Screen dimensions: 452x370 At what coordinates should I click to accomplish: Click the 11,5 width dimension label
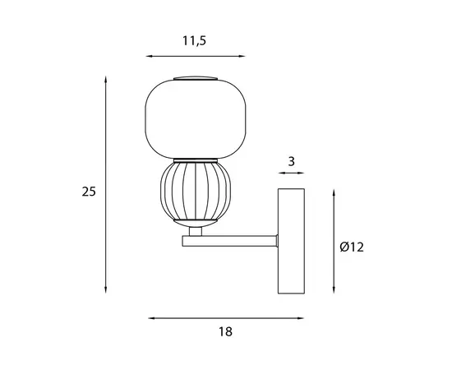(194, 41)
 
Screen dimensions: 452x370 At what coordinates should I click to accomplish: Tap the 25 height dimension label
(89, 192)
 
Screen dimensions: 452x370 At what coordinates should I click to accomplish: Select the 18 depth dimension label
(225, 331)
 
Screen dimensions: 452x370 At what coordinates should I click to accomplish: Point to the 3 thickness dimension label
(292, 161)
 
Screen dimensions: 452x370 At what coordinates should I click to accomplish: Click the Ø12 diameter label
(352, 247)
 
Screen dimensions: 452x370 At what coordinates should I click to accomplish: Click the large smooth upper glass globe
(196, 119)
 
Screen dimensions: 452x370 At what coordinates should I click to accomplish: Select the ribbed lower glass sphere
(196, 191)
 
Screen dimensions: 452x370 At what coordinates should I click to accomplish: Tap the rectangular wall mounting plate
(291, 241)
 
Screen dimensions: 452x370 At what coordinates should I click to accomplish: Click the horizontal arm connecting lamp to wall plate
(230, 241)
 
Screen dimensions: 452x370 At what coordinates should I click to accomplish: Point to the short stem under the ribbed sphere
(196, 231)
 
